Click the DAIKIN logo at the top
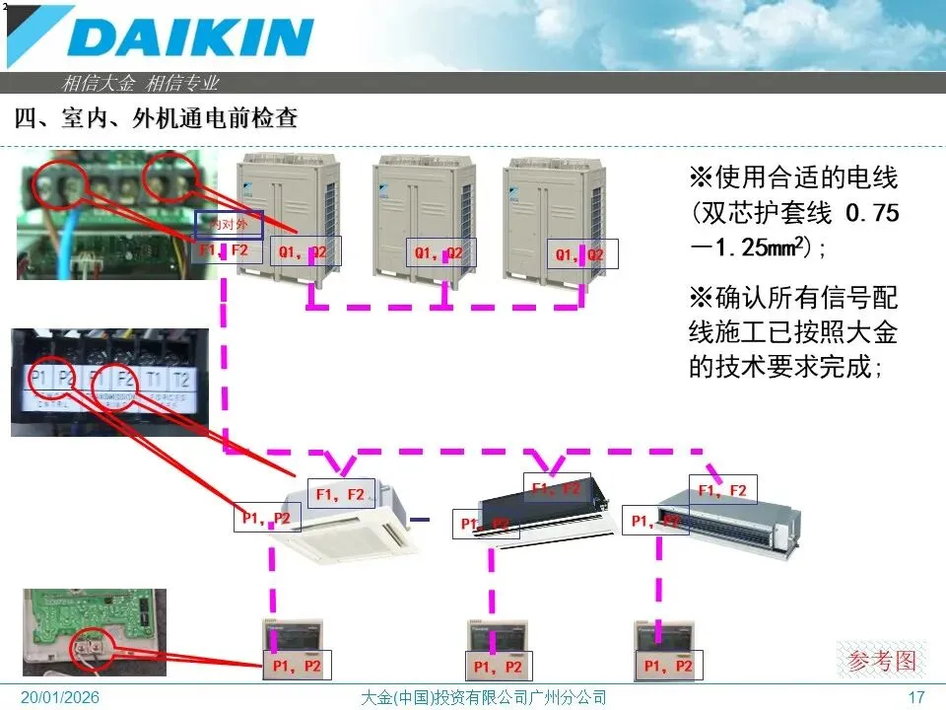click(192, 37)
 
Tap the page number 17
click(916, 698)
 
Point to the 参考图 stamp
click(882, 660)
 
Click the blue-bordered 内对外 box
click(230, 225)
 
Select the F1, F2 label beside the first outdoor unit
click(231, 251)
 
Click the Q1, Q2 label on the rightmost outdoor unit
click(580, 255)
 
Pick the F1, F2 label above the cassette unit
click(341, 493)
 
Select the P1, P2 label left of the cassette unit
click(266, 518)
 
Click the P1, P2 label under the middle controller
click(498, 667)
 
